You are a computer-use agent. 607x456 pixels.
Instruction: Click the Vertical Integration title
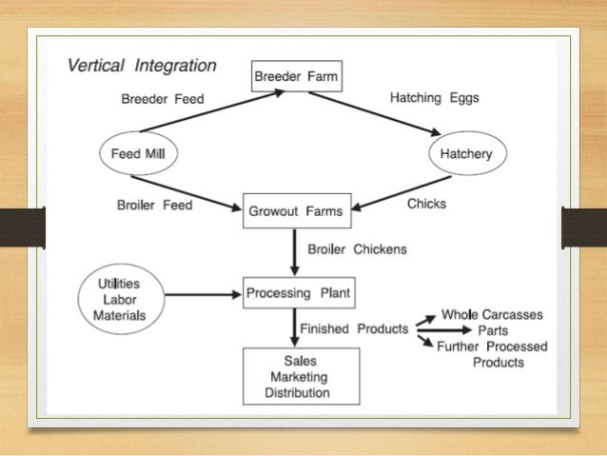[x=141, y=68]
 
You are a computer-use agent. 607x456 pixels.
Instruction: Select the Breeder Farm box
[x=295, y=75]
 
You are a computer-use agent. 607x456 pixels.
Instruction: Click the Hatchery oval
[x=467, y=153]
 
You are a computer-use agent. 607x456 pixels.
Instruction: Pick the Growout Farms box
[x=297, y=211]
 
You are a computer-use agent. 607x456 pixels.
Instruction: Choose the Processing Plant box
[x=298, y=293]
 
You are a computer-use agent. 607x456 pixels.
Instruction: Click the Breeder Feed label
[x=163, y=99]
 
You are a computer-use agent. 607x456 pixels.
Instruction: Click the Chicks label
[x=426, y=204]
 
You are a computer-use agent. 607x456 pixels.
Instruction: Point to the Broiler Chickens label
[x=357, y=249]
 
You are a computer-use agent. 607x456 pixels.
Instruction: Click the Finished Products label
[x=354, y=328]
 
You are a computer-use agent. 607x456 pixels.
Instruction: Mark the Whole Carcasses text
[x=494, y=315]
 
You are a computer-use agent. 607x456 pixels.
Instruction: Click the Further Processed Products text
[x=491, y=354]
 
